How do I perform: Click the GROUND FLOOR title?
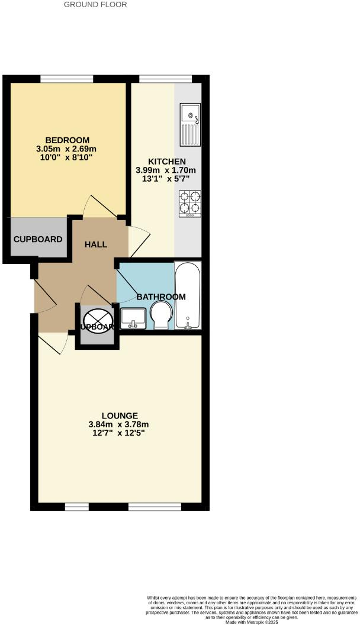pyautogui.click(x=95, y=4)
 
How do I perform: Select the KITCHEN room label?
pyautogui.click(x=166, y=162)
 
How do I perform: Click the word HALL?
pyautogui.click(x=96, y=244)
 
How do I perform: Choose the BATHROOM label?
pyautogui.click(x=161, y=297)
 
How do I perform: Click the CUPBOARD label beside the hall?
pyautogui.click(x=38, y=240)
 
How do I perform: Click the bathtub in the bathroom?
pyautogui.click(x=188, y=295)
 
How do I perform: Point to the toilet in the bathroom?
pyautogui.click(x=160, y=314)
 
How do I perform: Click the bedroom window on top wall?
pyautogui.click(x=67, y=79)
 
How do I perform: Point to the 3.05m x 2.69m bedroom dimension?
pyautogui.click(x=66, y=149)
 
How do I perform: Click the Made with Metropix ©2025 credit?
pyautogui.click(x=261, y=621)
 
